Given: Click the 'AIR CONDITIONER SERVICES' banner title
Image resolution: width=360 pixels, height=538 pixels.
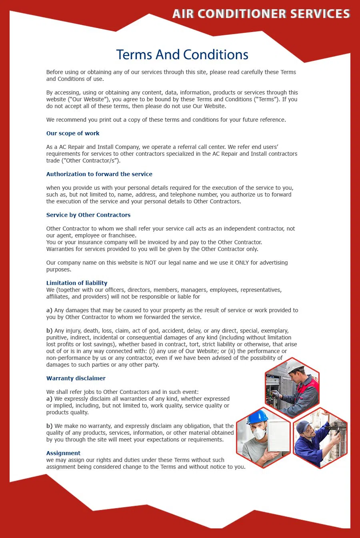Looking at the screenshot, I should point(261,14).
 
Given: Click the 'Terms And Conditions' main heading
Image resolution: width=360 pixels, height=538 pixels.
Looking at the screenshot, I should point(182,54).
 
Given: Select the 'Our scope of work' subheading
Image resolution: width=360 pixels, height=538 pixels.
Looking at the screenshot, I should point(73,133).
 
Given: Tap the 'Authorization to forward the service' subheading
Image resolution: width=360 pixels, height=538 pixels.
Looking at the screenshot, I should point(99,174).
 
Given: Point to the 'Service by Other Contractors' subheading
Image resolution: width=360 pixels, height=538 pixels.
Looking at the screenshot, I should point(88,215).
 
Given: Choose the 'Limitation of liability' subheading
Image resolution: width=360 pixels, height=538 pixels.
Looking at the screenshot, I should point(77,283).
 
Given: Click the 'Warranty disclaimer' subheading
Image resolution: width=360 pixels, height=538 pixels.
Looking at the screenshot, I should point(76,378).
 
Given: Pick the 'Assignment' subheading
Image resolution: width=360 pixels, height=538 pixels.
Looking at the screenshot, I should point(63,453).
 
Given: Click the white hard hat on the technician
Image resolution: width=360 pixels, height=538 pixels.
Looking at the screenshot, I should point(295,365).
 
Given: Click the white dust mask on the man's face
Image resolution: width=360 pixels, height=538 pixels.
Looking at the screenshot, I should point(260,433).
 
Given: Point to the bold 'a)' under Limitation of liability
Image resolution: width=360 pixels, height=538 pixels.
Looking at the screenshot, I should point(49,310).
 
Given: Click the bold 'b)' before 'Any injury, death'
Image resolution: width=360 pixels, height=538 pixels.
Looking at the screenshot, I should point(49,331).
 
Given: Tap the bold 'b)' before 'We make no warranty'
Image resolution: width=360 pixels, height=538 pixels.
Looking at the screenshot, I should point(49,426).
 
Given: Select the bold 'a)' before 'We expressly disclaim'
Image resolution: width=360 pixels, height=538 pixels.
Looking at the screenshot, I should point(49,399).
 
